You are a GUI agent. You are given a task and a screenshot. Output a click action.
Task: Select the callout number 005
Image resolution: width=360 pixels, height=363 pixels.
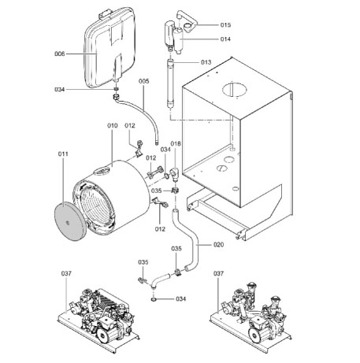coord(143,81)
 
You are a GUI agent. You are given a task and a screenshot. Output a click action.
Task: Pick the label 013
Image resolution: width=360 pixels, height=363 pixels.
coord(206,61)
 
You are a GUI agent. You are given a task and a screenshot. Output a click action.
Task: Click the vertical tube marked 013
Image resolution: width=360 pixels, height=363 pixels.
coord(171,87)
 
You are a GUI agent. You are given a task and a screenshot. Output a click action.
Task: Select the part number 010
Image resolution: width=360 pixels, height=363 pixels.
coord(112,125)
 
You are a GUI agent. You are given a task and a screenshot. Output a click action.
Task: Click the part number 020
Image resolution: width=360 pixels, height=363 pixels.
coord(218,244)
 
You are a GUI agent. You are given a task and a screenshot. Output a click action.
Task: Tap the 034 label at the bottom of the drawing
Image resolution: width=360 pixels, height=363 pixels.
coord(181,299)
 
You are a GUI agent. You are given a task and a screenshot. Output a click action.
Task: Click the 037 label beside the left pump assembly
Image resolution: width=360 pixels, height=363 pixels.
coord(66,273)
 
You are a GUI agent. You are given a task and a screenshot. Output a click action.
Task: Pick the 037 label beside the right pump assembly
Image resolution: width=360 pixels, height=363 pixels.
coord(220,273)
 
